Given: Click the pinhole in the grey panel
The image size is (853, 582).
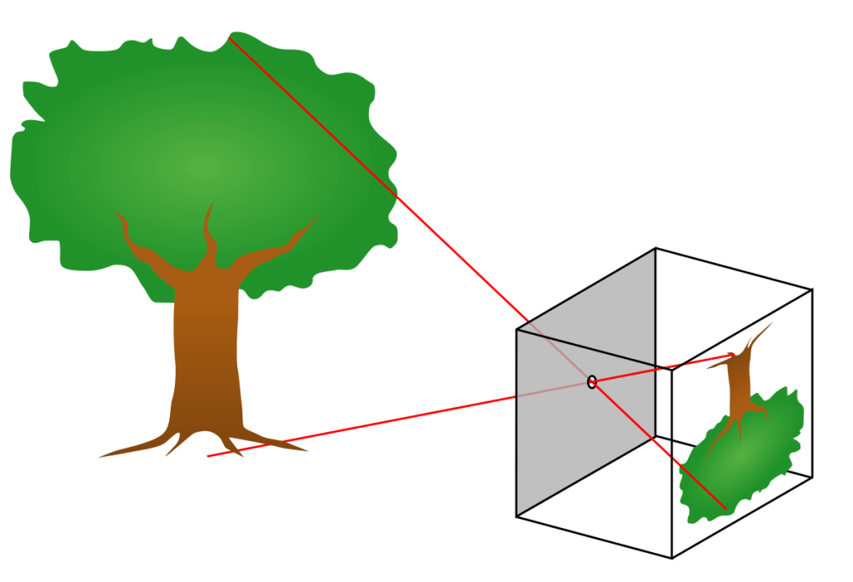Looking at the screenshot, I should coord(591,382).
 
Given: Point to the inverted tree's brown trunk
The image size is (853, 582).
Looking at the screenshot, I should coord(738,383).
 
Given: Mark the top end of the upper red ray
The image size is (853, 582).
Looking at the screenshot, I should coord(228,37).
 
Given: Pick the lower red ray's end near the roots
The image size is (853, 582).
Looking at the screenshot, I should coord(207,455).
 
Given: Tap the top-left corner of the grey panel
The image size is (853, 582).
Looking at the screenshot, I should coord(516,329).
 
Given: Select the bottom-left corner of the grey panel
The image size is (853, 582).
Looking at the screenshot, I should coord(516,517).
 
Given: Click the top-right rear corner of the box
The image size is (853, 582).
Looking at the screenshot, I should coord(811,289).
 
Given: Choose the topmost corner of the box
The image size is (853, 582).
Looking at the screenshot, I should coord(656,248).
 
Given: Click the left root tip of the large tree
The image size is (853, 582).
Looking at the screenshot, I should coord(100,456).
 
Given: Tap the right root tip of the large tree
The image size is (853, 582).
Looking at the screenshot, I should coord(308,450).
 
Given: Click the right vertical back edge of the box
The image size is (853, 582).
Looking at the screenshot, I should coord(811,383).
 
